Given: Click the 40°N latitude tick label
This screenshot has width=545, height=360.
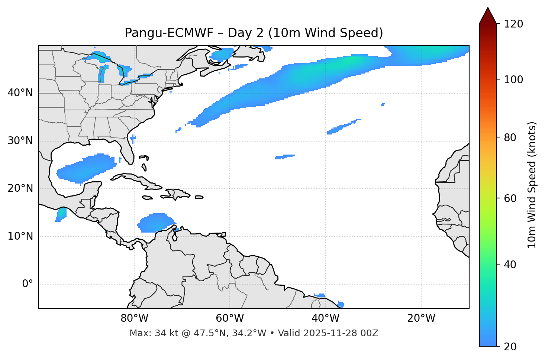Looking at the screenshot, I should click(x=20, y=93).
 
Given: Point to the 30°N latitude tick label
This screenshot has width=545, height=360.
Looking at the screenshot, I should click(x=20, y=141).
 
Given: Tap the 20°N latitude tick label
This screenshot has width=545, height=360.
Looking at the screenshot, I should click(x=20, y=188).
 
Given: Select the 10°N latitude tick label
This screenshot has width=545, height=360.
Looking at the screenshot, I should click(x=20, y=236).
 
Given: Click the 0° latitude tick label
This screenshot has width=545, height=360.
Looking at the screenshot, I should click(x=28, y=284).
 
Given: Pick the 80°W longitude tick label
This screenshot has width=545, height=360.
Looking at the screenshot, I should click(x=134, y=318).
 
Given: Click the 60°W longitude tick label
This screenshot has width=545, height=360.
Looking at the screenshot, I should click(x=230, y=318).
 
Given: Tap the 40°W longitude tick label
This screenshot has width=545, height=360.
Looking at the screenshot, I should click(x=325, y=318).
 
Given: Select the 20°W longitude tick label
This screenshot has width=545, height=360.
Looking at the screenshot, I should click(x=421, y=318).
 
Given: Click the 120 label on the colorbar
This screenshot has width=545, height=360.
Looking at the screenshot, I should click(x=513, y=24).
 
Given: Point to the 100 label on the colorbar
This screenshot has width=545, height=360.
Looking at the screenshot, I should click(x=513, y=80).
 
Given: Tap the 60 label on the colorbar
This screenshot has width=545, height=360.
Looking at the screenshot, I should click(x=509, y=198).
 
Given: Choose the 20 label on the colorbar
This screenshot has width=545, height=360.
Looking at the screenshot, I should click(x=509, y=347).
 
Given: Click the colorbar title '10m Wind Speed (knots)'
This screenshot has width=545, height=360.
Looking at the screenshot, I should click(x=532, y=185).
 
